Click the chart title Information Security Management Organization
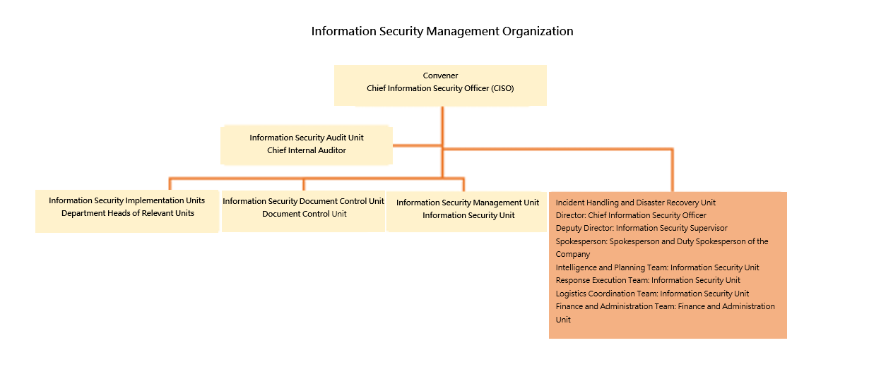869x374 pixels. [442, 31]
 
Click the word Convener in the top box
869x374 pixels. [440, 76]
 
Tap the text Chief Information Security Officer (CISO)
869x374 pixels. [440, 88]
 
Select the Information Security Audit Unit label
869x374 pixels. [307, 138]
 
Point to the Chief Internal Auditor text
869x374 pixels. [307, 150]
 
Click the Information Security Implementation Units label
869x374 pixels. [127, 200]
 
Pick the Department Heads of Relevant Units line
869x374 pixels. [128, 213]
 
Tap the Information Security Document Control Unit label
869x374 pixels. [303, 201]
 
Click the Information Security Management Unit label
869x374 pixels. [468, 203]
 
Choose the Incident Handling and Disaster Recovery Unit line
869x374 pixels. [635, 203]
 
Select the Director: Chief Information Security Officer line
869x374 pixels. [631, 215]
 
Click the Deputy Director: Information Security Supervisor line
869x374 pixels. [642, 228]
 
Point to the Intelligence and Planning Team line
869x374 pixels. [657, 267]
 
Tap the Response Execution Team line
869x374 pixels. [648, 280]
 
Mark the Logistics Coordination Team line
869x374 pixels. [652, 294]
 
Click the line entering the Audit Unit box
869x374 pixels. [418, 146]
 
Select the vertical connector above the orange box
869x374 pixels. [673, 170]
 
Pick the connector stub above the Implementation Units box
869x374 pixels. [170, 184]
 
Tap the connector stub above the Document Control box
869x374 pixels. [304, 184]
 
